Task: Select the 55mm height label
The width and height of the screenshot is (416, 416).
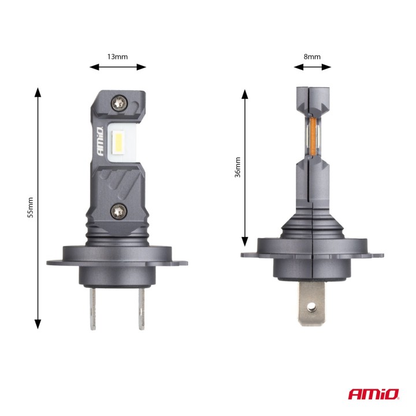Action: pyautogui.click(x=31, y=207)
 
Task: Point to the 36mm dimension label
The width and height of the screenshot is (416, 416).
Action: pyautogui.click(x=237, y=168)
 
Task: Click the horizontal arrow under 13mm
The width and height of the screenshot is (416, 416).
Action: pyautogui.click(x=118, y=67)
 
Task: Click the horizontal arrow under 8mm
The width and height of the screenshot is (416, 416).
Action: pyautogui.click(x=312, y=67)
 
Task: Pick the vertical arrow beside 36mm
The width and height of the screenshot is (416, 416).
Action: pyautogui.click(x=245, y=168)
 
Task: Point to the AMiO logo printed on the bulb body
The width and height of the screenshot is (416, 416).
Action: pyautogui.click(x=102, y=141)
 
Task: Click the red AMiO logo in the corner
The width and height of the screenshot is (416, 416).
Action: pyautogui.click(x=374, y=395)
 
